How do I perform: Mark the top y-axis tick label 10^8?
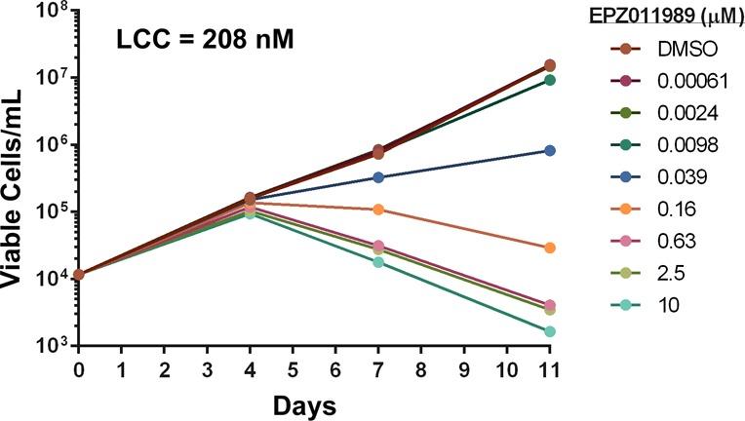click(x=49, y=13)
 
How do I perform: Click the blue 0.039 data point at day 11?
click(x=550, y=151)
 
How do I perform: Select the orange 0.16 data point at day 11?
click(x=550, y=249)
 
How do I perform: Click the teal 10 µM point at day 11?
click(x=550, y=331)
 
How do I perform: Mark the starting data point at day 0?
click(x=79, y=275)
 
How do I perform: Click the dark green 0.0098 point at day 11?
click(x=550, y=80)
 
